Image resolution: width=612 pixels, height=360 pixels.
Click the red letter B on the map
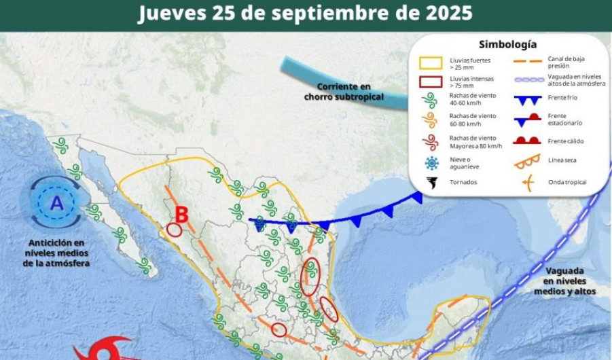point(181,215)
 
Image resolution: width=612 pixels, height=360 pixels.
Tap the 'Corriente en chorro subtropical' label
point(344,92)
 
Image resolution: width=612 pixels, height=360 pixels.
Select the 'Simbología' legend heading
point(507,44)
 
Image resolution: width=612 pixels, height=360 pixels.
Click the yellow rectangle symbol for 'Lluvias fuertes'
point(430,63)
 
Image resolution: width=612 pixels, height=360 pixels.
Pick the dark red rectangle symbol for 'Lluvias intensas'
point(430,83)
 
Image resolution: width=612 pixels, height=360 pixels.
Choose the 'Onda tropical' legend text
point(566,182)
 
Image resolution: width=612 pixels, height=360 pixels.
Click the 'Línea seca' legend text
point(562,161)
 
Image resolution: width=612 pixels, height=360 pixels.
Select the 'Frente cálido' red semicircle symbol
point(526,141)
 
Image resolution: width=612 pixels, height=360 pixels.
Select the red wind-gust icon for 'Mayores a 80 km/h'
point(430,142)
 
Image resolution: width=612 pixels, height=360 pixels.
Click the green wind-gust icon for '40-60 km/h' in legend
point(430,102)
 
